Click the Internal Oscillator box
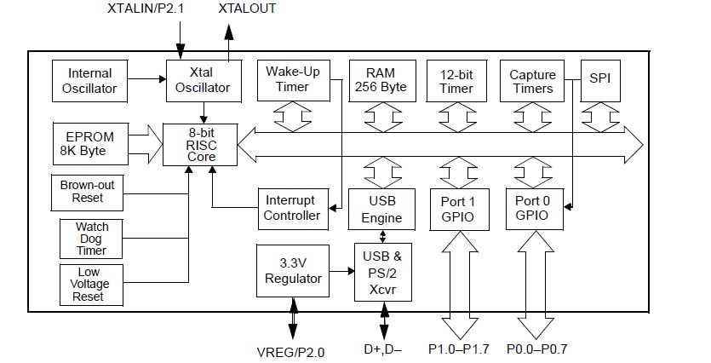[89, 80]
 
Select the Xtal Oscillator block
[204, 80]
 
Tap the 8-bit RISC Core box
[204, 145]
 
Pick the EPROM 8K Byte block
[89, 143]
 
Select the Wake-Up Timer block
[293, 80]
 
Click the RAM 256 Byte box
[379, 80]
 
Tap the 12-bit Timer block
[456, 80]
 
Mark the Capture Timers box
[532, 80]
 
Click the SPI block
[599, 80]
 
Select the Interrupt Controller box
[292, 208]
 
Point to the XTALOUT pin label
[247, 9]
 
